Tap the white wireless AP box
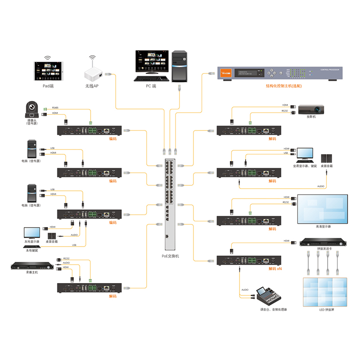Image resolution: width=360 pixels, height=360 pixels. click(93, 73)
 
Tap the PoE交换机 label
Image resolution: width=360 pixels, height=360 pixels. click(171, 256)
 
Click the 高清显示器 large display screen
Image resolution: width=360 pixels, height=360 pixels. click(323, 208)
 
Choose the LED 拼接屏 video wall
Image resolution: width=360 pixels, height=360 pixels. click(324, 292)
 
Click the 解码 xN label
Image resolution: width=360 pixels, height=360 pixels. click(274, 269)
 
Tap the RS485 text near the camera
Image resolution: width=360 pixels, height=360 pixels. click(55, 108)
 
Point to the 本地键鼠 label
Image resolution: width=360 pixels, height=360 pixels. click(32, 250)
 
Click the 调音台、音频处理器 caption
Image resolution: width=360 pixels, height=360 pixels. click(270, 310)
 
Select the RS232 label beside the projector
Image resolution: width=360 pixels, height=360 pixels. click(284, 110)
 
